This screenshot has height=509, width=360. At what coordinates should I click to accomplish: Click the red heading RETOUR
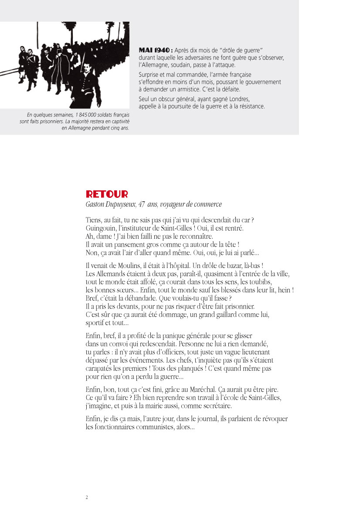point(107,194)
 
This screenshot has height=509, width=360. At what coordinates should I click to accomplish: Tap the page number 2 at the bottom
point(87,497)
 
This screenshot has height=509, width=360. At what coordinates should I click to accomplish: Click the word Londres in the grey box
point(239,99)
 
